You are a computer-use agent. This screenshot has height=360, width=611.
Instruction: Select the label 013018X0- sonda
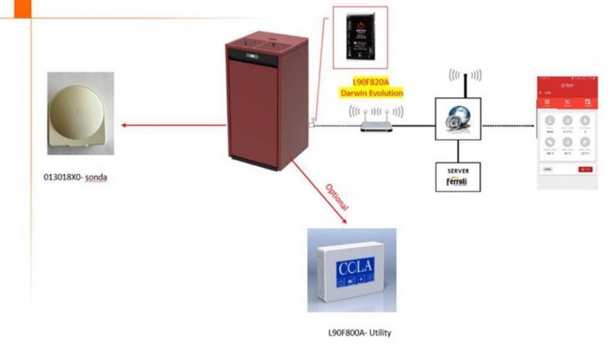(73, 179)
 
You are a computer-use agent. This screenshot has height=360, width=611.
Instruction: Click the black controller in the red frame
(360, 36)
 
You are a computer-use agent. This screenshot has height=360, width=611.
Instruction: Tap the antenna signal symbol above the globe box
(465, 76)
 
